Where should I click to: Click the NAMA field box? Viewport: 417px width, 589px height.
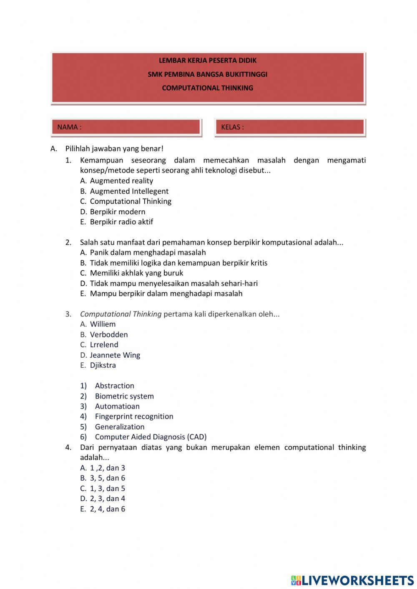(x=126, y=127)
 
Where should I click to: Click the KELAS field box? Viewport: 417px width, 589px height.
(x=290, y=127)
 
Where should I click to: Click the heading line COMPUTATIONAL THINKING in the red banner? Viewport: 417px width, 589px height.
(x=207, y=88)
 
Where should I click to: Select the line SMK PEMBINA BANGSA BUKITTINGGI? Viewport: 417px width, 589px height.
(x=207, y=74)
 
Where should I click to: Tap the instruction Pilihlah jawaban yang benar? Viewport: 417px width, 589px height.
(x=114, y=148)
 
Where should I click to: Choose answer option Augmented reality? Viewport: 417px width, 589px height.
(x=121, y=181)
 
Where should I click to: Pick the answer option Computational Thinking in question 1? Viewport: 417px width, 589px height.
(x=131, y=201)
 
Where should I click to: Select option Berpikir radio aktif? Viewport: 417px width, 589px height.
(x=121, y=222)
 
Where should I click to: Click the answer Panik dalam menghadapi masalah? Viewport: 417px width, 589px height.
(x=148, y=253)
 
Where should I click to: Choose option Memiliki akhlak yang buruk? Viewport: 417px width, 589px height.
(x=136, y=273)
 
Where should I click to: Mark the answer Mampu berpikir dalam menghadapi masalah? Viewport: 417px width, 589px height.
(x=166, y=293)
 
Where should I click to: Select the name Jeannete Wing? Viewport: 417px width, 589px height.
(x=115, y=355)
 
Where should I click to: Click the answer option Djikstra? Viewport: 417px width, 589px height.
(x=103, y=365)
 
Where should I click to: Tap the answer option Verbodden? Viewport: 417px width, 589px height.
(x=109, y=335)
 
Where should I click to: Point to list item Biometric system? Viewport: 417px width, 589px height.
(x=124, y=396)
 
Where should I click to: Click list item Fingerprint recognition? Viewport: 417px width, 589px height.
(x=134, y=416)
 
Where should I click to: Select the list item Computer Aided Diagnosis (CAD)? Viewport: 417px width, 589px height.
(x=151, y=437)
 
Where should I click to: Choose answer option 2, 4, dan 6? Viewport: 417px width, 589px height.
(x=108, y=509)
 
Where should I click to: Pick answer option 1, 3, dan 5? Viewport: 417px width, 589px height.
(x=108, y=489)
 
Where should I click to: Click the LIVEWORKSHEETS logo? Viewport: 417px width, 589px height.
(x=352, y=580)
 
